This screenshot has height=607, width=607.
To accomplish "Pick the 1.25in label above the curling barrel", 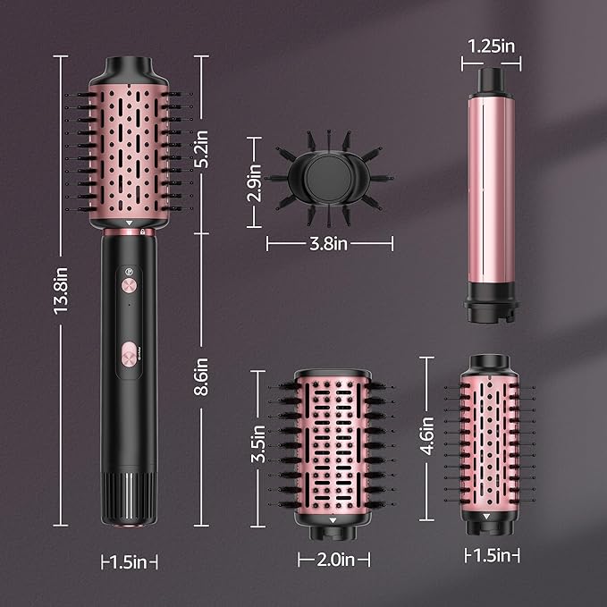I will (x=490, y=44).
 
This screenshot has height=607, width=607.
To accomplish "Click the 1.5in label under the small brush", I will (x=492, y=556).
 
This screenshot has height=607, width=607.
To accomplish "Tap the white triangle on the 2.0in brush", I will (x=332, y=518).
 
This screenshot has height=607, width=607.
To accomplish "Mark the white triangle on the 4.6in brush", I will (x=488, y=515).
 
